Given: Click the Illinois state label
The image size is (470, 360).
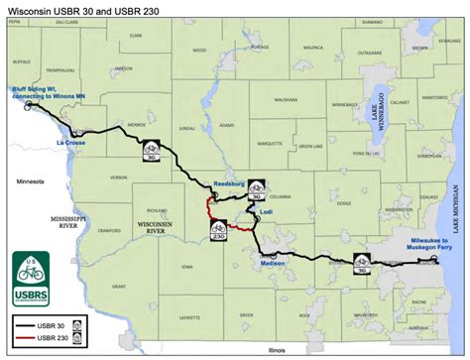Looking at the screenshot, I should pos(262,350).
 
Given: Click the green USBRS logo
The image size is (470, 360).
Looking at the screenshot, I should pos(31,277).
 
